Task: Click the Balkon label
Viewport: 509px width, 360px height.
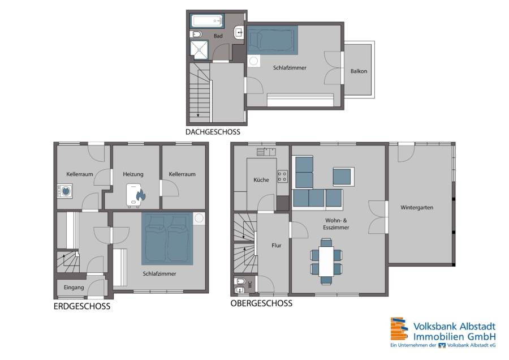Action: (x=359, y=71)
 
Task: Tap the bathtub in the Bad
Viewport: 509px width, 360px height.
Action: (x=207, y=21)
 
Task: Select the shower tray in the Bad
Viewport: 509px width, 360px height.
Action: (x=199, y=50)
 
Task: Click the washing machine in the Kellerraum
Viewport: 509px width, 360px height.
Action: (x=65, y=191)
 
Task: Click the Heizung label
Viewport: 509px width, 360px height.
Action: (x=133, y=174)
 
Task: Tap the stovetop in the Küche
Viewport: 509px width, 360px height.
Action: (x=282, y=177)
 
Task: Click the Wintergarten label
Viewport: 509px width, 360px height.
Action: (x=417, y=208)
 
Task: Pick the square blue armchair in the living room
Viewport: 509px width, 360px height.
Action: (x=343, y=177)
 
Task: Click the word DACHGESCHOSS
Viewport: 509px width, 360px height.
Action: (x=213, y=132)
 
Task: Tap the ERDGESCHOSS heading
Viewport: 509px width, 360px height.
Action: (x=82, y=306)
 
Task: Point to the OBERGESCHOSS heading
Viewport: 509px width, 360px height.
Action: (x=261, y=303)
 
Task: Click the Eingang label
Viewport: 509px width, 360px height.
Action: (x=74, y=288)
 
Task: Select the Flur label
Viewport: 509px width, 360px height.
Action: (x=277, y=246)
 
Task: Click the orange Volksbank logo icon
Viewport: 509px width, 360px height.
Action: (x=399, y=329)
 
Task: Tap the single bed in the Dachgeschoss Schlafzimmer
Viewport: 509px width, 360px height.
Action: (x=272, y=40)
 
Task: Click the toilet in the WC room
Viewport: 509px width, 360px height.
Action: (x=240, y=281)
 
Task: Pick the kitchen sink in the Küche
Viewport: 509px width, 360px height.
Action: (x=266, y=152)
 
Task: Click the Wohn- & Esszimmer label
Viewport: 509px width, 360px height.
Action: (x=336, y=224)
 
